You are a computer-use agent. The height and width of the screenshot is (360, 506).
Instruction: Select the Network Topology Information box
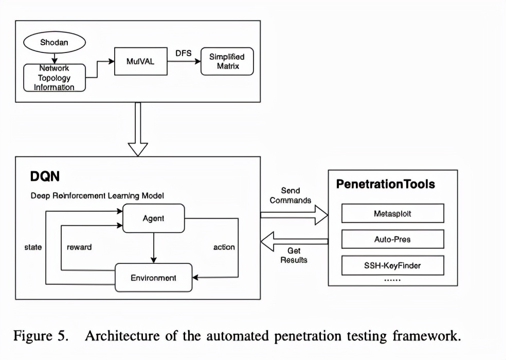[x=54, y=78]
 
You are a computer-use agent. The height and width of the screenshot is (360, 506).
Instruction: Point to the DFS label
[x=184, y=53]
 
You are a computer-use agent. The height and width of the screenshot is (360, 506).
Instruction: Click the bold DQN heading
[x=45, y=177]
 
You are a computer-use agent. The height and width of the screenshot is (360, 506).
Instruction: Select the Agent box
[x=153, y=218]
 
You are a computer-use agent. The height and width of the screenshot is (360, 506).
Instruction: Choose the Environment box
[x=153, y=278]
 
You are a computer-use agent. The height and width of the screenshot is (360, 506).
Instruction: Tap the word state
[x=33, y=247]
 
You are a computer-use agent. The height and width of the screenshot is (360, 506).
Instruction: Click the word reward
[x=79, y=247]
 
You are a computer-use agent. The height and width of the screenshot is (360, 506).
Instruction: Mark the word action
[x=224, y=247]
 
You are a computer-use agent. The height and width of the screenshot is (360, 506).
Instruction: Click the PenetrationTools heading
[x=385, y=184]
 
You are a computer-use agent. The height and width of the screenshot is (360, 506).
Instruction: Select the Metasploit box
[x=392, y=213]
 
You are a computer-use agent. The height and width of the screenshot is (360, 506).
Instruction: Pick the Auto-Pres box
[x=392, y=239]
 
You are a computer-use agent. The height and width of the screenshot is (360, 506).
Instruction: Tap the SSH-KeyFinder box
[x=392, y=266]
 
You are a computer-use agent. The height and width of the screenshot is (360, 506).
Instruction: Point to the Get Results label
[x=294, y=255]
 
